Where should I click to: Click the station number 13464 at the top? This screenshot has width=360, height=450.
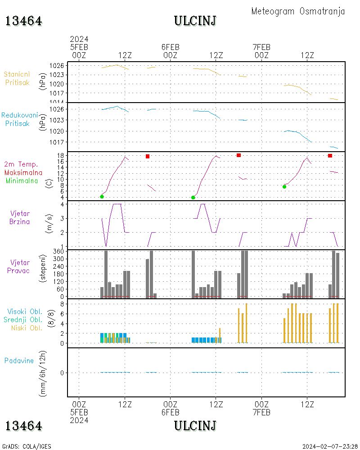click(x=24, y=21)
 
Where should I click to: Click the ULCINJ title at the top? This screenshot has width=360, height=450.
click(x=195, y=21)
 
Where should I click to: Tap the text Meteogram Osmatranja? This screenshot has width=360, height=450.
click(x=298, y=11)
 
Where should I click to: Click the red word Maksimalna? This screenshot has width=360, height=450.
click(x=23, y=173)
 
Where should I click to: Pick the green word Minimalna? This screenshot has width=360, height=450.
click(x=22, y=181)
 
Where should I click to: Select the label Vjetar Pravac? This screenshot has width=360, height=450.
click(x=20, y=266)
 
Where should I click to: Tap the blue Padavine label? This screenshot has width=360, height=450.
click(x=19, y=360)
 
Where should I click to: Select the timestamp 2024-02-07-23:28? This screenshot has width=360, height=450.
click(x=330, y=446)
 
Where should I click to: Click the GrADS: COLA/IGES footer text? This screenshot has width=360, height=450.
click(x=26, y=446)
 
